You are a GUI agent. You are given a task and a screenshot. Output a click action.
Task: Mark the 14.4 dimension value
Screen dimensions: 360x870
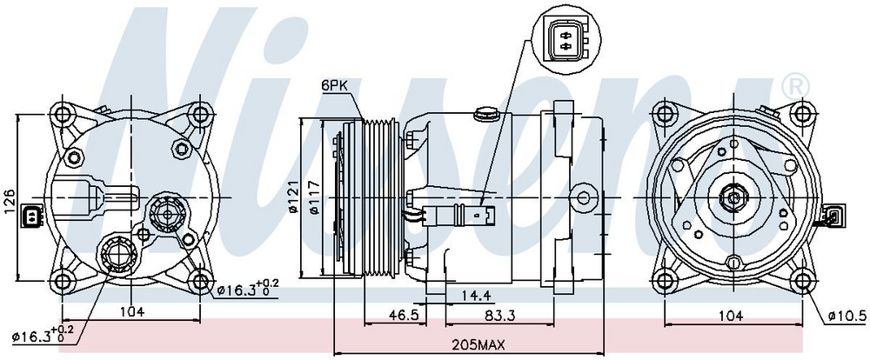pyautogui.click(x=474, y=297)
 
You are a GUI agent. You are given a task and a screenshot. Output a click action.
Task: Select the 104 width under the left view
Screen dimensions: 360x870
pyautogui.click(x=131, y=311)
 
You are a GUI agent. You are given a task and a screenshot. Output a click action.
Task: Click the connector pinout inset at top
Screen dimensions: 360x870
pyautogui.click(x=565, y=40)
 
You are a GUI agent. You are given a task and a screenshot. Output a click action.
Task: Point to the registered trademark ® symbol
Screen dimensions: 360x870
pyautogui.click(x=794, y=85)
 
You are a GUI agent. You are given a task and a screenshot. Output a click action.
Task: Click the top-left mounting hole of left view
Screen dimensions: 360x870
pyautogui.click(x=63, y=114)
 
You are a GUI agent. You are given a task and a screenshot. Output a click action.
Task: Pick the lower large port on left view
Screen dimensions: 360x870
pyautogui.click(x=115, y=255)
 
